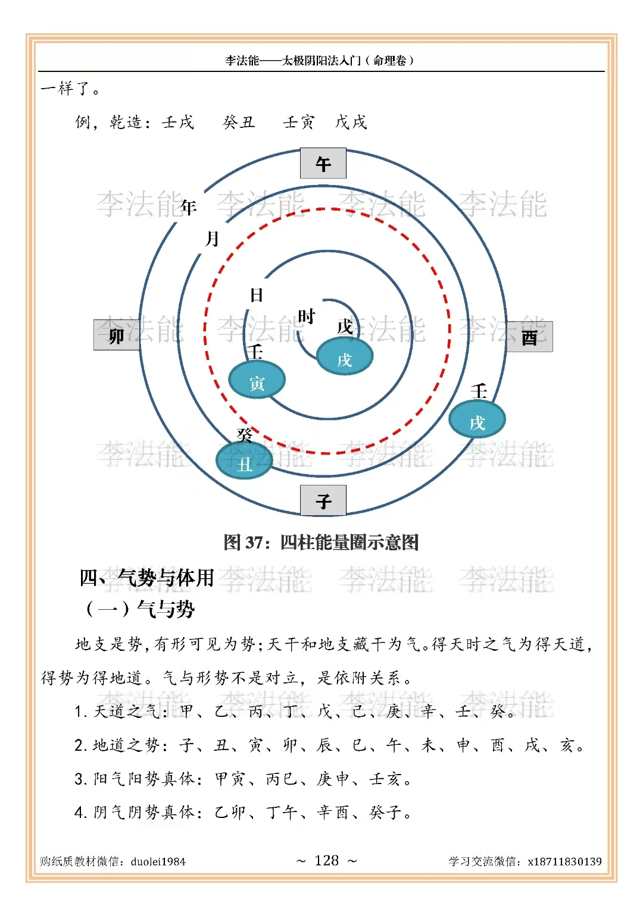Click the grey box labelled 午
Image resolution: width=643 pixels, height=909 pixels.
coord(323,164)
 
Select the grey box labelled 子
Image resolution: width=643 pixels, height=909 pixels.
coord(323,500)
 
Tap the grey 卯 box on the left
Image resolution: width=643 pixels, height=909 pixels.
coord(116,335)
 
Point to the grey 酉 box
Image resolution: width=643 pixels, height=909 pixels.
coord(529,337)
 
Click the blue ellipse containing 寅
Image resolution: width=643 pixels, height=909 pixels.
coord(257,381)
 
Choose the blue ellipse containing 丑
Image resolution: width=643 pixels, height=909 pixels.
coord(244,462)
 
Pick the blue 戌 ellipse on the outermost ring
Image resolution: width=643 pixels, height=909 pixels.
coord(477,420)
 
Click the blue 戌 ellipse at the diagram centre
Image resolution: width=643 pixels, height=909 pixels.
coord(345,358)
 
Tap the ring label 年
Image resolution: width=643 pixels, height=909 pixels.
coord(189,207)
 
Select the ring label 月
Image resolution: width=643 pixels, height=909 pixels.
coord(213,239)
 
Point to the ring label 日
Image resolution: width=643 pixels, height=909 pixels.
coord(257,295)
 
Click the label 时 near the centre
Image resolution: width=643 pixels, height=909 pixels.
coord(306,316)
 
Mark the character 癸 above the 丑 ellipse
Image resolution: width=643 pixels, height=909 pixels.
coord(245,435)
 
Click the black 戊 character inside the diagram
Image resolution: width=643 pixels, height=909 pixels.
coord(345,326)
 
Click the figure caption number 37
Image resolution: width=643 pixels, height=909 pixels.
coord(254,543)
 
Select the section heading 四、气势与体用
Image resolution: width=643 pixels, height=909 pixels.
coord(146,578)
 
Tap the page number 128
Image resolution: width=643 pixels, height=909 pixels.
coord(326,860)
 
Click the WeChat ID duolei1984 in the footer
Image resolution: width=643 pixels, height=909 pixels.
coord(158,861)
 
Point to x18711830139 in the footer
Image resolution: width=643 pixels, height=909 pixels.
coord(564,861)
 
